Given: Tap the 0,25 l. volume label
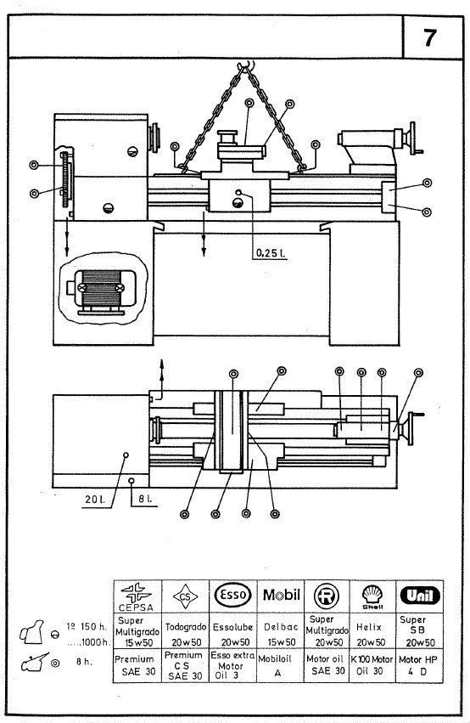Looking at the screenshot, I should point(270,252).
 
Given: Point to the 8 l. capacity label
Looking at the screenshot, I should point(144,499).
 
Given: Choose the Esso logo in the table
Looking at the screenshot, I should point(232,593).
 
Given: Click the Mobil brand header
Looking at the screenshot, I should point(281,593).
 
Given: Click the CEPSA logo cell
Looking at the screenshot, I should point(137,595).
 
